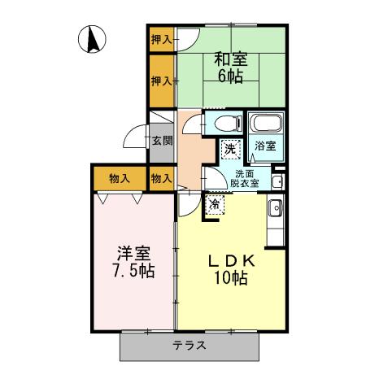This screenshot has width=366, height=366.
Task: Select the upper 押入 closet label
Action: tap(161, 38)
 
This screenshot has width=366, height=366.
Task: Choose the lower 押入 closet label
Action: tap(161, 81)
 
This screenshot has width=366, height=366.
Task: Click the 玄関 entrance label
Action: tap(161, 140)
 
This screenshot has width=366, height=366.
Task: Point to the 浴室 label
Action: tap(265, 147)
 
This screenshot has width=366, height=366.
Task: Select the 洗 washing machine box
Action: tap(231, 149)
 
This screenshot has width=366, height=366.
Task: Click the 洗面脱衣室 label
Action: tap(246, 179)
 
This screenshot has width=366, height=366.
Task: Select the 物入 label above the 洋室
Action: tap(120, 177)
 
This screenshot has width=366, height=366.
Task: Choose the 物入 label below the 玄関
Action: tap(161, 177)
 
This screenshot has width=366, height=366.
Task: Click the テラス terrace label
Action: tap(188, 345)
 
